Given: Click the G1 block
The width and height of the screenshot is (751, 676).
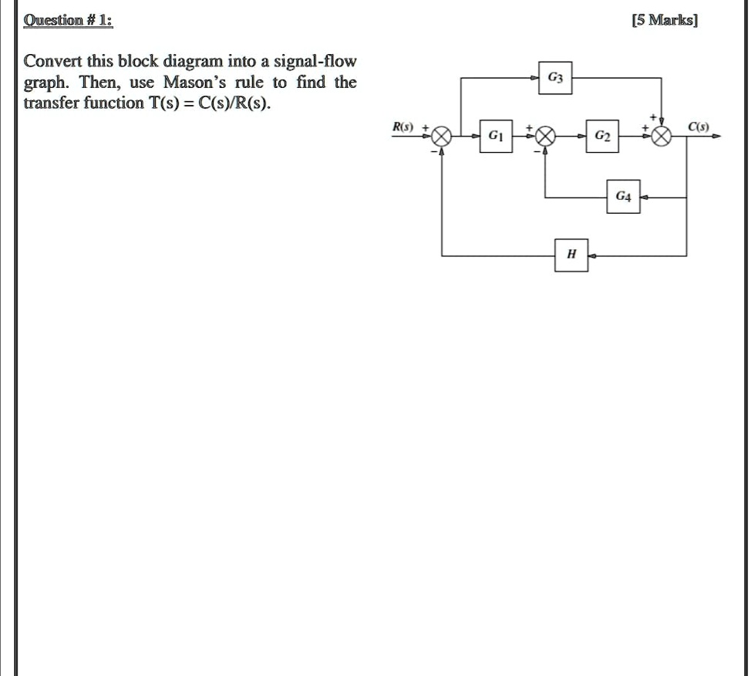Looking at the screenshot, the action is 496,136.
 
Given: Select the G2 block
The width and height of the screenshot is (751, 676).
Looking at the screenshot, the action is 602,136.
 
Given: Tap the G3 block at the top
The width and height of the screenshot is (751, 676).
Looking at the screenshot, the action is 555,78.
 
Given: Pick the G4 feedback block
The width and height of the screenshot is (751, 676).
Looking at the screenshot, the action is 623,197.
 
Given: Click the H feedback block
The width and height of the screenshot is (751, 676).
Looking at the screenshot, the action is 571,255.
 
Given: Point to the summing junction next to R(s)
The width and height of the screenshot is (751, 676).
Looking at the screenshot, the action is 441,136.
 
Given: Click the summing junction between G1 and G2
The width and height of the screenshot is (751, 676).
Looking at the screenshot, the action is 544,136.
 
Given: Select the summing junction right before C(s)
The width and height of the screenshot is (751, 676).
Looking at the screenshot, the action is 662,136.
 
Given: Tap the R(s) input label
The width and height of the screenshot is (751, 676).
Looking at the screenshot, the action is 402,127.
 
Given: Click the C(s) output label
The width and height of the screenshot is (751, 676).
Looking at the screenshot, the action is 699,127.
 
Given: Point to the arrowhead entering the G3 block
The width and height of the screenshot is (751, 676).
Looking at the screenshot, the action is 534,78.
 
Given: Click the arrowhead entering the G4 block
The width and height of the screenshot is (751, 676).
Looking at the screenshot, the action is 645,197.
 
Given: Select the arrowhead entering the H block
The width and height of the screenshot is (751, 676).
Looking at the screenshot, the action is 593,255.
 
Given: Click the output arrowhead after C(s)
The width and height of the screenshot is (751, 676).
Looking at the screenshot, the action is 716,136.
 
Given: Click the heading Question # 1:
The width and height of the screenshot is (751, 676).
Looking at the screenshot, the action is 68,20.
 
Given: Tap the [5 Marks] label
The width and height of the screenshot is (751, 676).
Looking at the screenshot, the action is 665,20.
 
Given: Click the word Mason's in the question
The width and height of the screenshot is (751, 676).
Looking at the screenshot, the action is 194,82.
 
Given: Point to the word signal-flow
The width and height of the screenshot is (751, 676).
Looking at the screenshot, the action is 315,62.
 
